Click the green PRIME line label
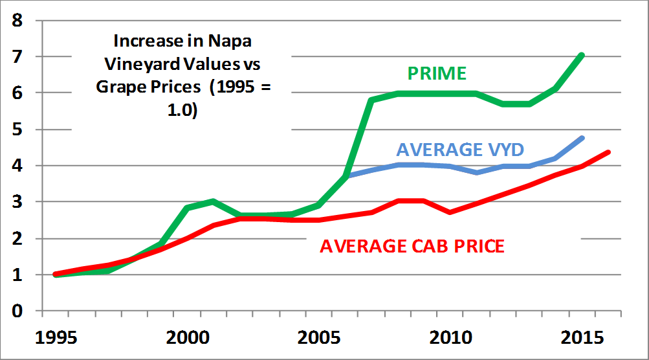[437, 73]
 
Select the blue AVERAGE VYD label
[460, 150]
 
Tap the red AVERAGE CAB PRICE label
[412, 246]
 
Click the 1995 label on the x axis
[56, 339]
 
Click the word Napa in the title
[231, 41]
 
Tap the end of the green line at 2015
[582, 56]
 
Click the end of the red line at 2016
[609, 152]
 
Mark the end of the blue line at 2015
[582, 138]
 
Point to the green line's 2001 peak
[213, 201]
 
